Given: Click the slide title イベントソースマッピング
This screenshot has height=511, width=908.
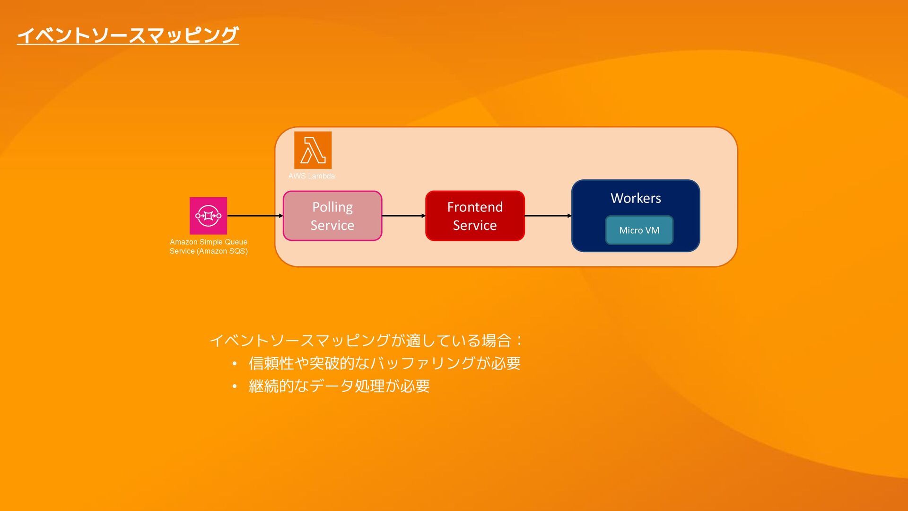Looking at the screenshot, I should pos(128,35).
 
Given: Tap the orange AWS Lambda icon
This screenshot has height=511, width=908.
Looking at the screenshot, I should pos(313,150).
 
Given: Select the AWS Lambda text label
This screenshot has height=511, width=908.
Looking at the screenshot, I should pos(311,176).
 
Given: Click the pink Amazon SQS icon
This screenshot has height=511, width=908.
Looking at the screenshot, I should pos(208,216).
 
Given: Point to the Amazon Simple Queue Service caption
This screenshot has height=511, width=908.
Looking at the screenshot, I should pos(209,247).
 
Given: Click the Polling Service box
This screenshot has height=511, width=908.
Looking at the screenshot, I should pos(332,216).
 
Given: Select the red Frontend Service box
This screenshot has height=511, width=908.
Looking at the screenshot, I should pos(475,216).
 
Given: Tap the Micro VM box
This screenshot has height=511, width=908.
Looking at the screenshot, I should pos(639,230).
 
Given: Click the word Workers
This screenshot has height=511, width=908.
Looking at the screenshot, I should pos(636,198).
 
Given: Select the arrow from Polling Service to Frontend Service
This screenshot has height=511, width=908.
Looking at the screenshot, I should pos(403,216).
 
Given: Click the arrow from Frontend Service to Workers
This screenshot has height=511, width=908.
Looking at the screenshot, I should pos(548,216).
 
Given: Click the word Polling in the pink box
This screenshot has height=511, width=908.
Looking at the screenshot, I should pos(332,207).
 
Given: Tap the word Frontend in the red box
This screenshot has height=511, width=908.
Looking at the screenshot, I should pos(475,207).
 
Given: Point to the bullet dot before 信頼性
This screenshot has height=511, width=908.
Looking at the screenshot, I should pos(235,364).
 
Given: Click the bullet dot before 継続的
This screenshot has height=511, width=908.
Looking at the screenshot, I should pos(235,387).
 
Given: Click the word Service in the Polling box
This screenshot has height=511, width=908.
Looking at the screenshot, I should pos(332,225).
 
